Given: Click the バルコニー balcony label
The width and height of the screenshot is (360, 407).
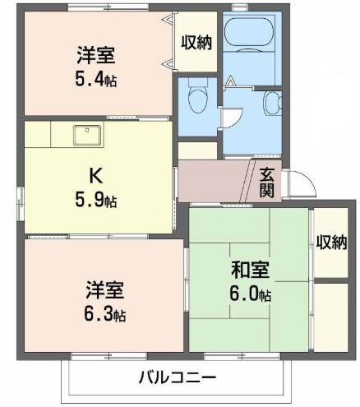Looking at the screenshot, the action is point(178,377).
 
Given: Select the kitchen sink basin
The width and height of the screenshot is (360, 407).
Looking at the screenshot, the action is point(87,135).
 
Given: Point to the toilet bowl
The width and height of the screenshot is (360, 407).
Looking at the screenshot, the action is point(197,99).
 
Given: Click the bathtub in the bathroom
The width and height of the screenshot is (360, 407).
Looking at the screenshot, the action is point(249,32).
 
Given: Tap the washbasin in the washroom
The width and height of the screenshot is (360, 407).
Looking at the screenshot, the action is point(272,103).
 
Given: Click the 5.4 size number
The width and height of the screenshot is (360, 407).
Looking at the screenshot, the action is point(96,80).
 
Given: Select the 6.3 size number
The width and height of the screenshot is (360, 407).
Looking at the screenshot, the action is point(104,314).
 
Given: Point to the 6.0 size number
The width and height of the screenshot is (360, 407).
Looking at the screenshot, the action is point(250,294).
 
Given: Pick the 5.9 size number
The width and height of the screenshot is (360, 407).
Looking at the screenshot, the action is point(96,201).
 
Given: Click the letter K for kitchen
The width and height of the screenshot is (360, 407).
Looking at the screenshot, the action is point(96,176).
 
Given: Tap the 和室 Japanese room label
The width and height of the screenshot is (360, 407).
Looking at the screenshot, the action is point(250,270).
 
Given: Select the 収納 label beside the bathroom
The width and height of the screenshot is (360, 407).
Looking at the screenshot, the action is point(196,43).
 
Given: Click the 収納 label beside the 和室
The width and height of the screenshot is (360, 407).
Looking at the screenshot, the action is point(331,243).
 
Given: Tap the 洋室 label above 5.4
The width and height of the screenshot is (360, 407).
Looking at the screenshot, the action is point(96,55).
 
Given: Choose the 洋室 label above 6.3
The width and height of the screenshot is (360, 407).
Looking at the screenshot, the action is point(104,289).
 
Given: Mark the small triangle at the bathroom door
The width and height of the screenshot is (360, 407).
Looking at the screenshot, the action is point(231,81).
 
